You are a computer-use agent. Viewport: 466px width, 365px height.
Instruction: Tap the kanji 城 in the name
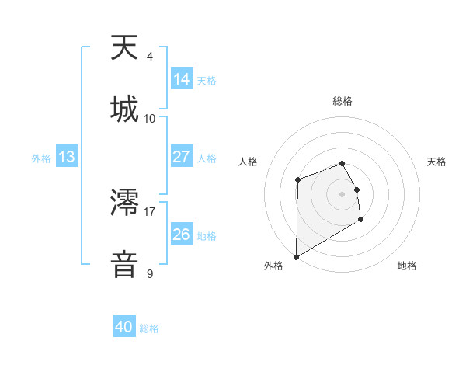[x=125, y=109]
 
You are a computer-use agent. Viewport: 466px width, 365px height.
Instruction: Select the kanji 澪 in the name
[x=125, y=203]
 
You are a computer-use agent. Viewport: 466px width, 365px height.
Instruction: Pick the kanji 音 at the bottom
[x=125, y=264]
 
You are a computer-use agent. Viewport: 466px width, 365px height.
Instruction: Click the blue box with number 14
[x=181, y=78]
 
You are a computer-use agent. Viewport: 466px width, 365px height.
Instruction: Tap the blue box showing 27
[x=181, y=156]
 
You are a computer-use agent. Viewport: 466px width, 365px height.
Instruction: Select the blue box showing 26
[x=181, y=234]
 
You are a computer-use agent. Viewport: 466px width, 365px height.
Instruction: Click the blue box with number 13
[x=66, y=157]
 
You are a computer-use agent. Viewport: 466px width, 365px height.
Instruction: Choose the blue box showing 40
[x=124, y=327]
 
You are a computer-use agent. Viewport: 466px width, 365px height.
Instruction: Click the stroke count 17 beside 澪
[x=150, y=210]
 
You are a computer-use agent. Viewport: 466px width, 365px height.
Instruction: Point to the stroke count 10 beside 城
[x=150, y=118]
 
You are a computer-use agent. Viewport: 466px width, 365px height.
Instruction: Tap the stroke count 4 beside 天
[x=150, y=56]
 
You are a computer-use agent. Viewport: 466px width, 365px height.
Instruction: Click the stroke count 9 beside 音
[x=150, y=273]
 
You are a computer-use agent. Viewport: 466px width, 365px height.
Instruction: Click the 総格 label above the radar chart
[x=343, y=101]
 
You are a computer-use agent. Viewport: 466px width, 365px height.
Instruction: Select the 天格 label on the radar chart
[x=436, y=162]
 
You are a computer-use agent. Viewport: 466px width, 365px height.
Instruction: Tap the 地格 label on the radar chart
[x=407, y=266]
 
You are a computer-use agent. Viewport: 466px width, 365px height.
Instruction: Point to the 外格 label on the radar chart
[x=273, y=266]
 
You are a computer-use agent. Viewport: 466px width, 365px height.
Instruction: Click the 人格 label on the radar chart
[x=249, y=162]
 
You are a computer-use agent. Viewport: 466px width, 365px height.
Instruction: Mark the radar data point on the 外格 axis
[x=296, y=256]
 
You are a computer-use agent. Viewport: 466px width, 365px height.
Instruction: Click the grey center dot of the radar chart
[x=343, y=193]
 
